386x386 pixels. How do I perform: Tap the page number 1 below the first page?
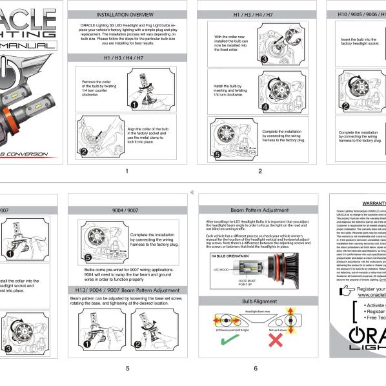[127, 171]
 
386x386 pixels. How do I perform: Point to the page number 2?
[259, 171]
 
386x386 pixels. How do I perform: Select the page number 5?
[128, 368]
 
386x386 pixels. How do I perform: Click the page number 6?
[256, 368]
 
